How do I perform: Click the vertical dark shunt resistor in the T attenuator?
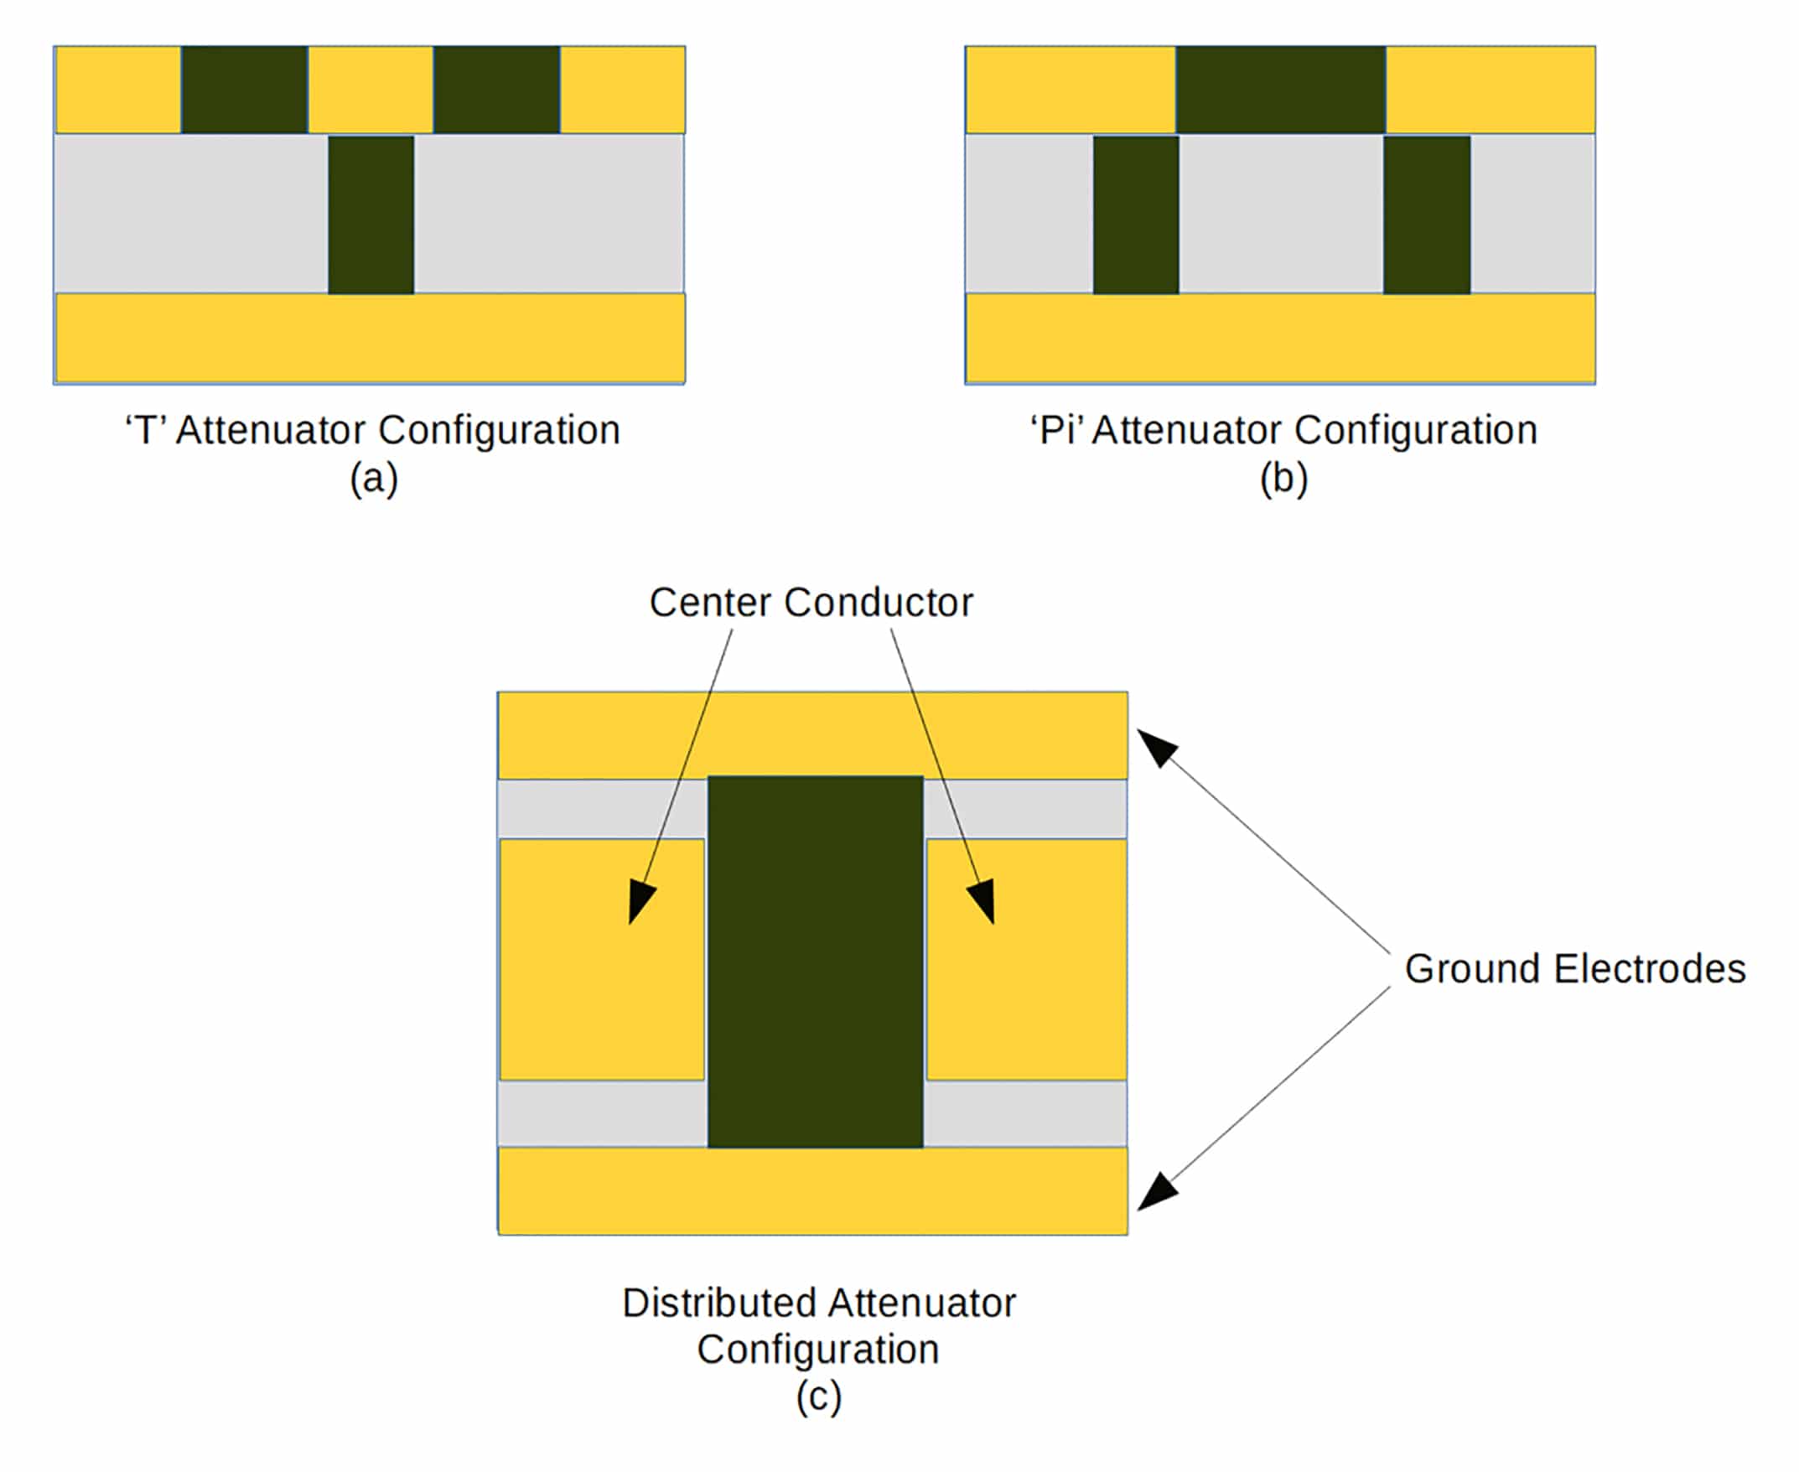pyautogui.click(x=371, y=215)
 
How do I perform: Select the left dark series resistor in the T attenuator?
pyautogui.click(x=244, y=89)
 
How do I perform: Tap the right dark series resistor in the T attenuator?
pyautogui.click(x=496, y=89)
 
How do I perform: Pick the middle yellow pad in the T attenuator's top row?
pyautogui.click(x=371, y=89)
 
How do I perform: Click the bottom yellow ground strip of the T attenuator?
pyautogui.click(x=370, y=338)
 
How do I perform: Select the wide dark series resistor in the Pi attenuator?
pyautogui.click(x=1280, y=89)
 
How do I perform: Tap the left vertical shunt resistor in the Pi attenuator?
pyautogui.click(x=1135, y=215)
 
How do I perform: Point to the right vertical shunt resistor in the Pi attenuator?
pyautogui.click(x=1427, y=215)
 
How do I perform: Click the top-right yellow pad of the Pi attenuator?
pyautogui.click(x=1491, y=89)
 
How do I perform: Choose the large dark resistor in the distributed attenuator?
pyautogui.click(x=815, y=961)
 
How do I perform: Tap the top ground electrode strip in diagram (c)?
pyautogui.click(x=812, y=734)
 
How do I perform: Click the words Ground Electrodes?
pyautogui.click(x=1574, y=968)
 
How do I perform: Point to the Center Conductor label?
pyautogui.click(x=811, y=602)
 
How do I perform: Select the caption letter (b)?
pyautogui.click(x=1283, y=479)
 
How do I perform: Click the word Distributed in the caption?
pyautogui.click(x=721, y=1304)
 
